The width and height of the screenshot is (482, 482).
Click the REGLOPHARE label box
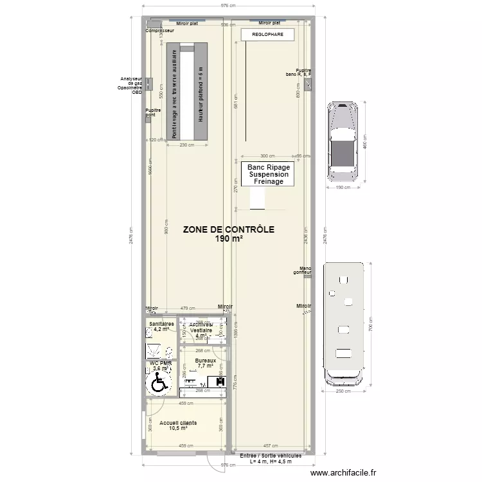click(267, 35)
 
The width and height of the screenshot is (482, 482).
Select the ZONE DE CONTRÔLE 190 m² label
click(228, 234)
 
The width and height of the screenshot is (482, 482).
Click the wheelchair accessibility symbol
click(158, 384)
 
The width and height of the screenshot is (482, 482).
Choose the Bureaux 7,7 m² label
click(206, 364)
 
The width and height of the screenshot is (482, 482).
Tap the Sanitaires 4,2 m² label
click(161, 326)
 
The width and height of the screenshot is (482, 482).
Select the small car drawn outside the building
click(343, 141)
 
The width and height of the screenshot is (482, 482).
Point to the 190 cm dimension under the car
click(343, 188)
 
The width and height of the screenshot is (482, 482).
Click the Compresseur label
click(159, 30)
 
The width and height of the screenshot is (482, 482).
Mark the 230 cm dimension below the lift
click(186, 145)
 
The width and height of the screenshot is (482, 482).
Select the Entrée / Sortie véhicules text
click(270, 458)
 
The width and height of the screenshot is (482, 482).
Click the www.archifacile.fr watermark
click(343, 472)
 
